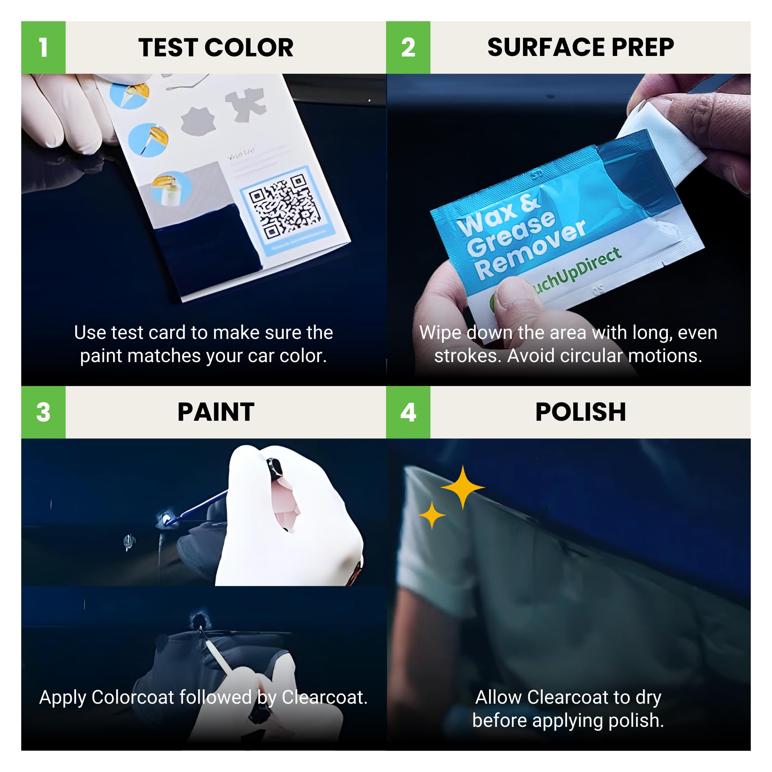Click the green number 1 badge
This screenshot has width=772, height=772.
43,47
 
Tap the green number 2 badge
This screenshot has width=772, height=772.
408,47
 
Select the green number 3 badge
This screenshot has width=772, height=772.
43,412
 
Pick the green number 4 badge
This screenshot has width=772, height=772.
408,412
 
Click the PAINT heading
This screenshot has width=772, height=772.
216,412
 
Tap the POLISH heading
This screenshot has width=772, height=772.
580,412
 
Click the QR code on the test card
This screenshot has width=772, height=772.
284,207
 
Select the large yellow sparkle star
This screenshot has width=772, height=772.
463,487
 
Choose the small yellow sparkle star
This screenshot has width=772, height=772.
432,515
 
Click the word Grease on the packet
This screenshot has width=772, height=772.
511,233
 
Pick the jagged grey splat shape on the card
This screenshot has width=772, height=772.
197,121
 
